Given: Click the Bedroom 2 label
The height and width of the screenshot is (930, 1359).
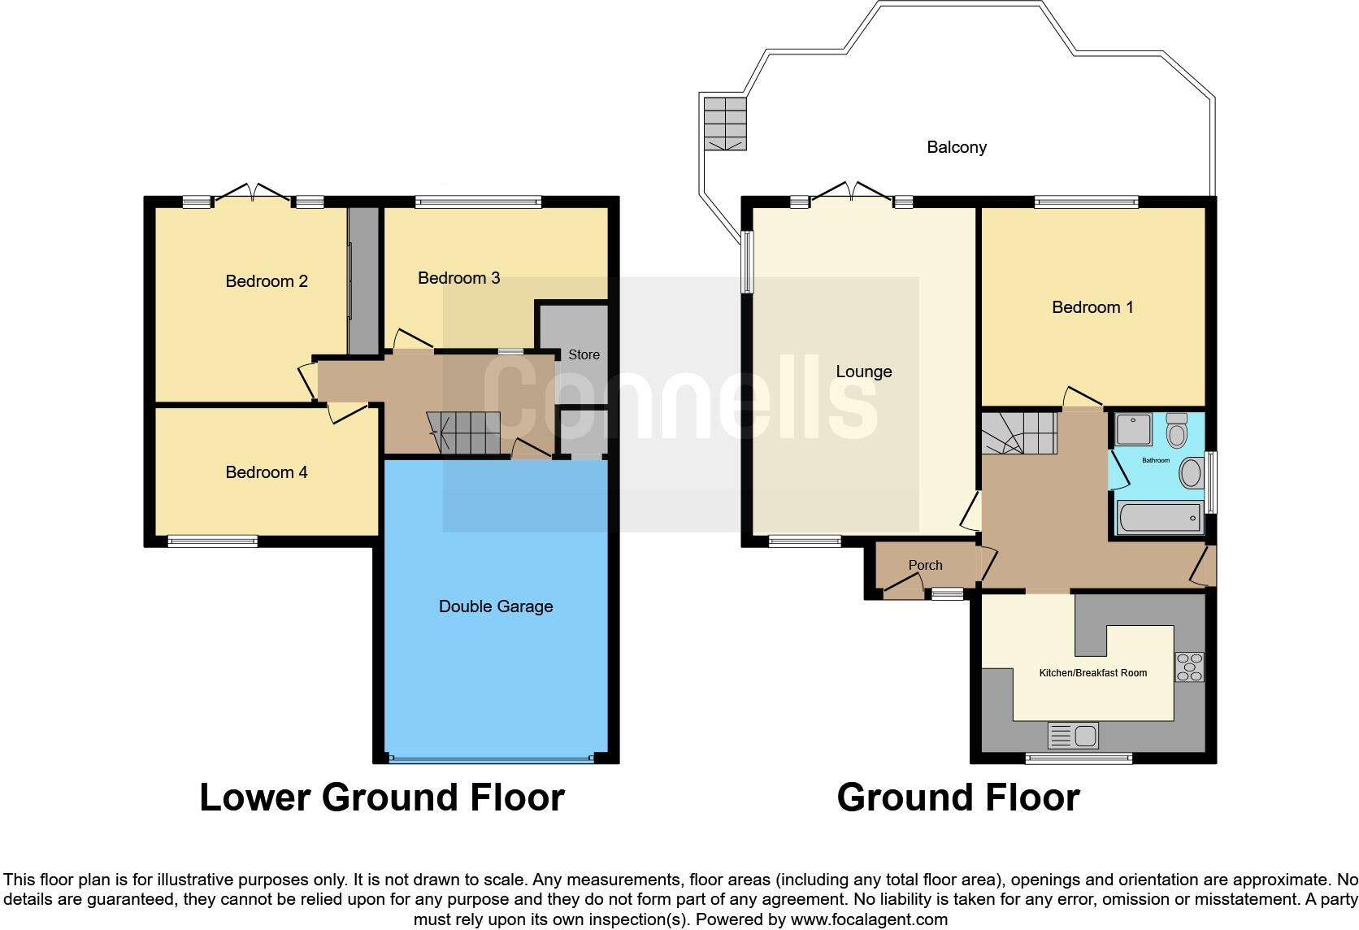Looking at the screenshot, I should click(267, 281).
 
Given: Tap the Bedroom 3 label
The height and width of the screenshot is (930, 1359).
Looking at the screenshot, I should click(458, 278).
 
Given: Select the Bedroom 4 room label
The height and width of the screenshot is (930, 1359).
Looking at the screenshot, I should click(267, 472).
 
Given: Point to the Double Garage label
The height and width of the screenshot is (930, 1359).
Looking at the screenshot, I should click(496, 606).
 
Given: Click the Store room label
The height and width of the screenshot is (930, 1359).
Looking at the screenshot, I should click(584, 354).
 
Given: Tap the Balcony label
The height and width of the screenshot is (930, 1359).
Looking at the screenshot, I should click(957, 147).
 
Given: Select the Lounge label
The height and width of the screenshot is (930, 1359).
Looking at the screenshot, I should click(863, 372).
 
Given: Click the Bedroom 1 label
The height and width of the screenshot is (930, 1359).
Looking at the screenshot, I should click(1092, 307).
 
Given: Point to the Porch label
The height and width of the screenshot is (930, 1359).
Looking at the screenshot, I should click(925, 565).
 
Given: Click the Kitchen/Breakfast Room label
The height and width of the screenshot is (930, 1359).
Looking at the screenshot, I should click(1092, 672).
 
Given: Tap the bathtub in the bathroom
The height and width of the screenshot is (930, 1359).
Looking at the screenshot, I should click(1159, 518).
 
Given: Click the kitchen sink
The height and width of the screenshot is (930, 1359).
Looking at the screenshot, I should click(1074, 736).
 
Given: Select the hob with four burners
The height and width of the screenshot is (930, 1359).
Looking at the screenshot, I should click(1189, 667).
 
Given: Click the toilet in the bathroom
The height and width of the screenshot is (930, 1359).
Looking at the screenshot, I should click(1176, 431).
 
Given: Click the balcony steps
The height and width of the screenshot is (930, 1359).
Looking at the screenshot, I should click(725, 123).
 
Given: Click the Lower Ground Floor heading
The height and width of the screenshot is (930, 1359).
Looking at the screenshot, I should click(382, 797).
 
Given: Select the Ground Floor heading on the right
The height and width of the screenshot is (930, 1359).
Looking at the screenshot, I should click(957, 797).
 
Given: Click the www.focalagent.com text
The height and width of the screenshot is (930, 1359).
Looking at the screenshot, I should click(868, 920).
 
